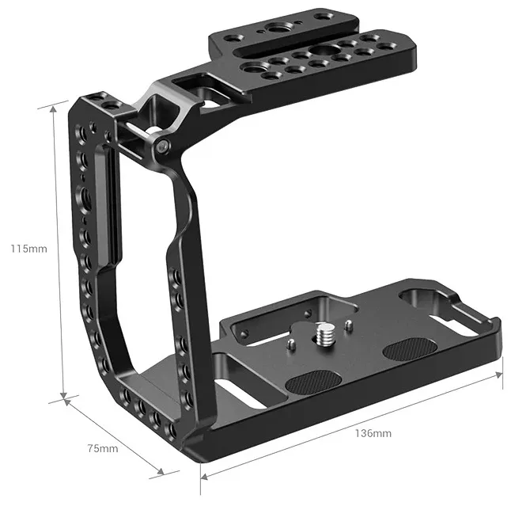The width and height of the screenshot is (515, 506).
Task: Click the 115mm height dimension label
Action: coord(29,249)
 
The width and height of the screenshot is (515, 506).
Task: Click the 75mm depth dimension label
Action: coord(103,448)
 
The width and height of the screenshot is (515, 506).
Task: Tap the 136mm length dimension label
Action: coord(373,433)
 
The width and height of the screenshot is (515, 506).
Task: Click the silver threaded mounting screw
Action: coord(324,334)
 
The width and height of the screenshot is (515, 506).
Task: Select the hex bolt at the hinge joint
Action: coord(162,146)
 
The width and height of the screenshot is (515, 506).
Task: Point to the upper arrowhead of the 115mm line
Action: coord(53,110)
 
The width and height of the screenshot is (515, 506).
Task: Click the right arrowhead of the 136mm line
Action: coord(498,375)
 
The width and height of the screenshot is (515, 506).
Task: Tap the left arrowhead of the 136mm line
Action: coord(204,476)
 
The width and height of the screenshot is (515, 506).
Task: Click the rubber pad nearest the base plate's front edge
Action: coord(312,382)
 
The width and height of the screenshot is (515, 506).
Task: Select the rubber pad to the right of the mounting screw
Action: coord(410,348)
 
